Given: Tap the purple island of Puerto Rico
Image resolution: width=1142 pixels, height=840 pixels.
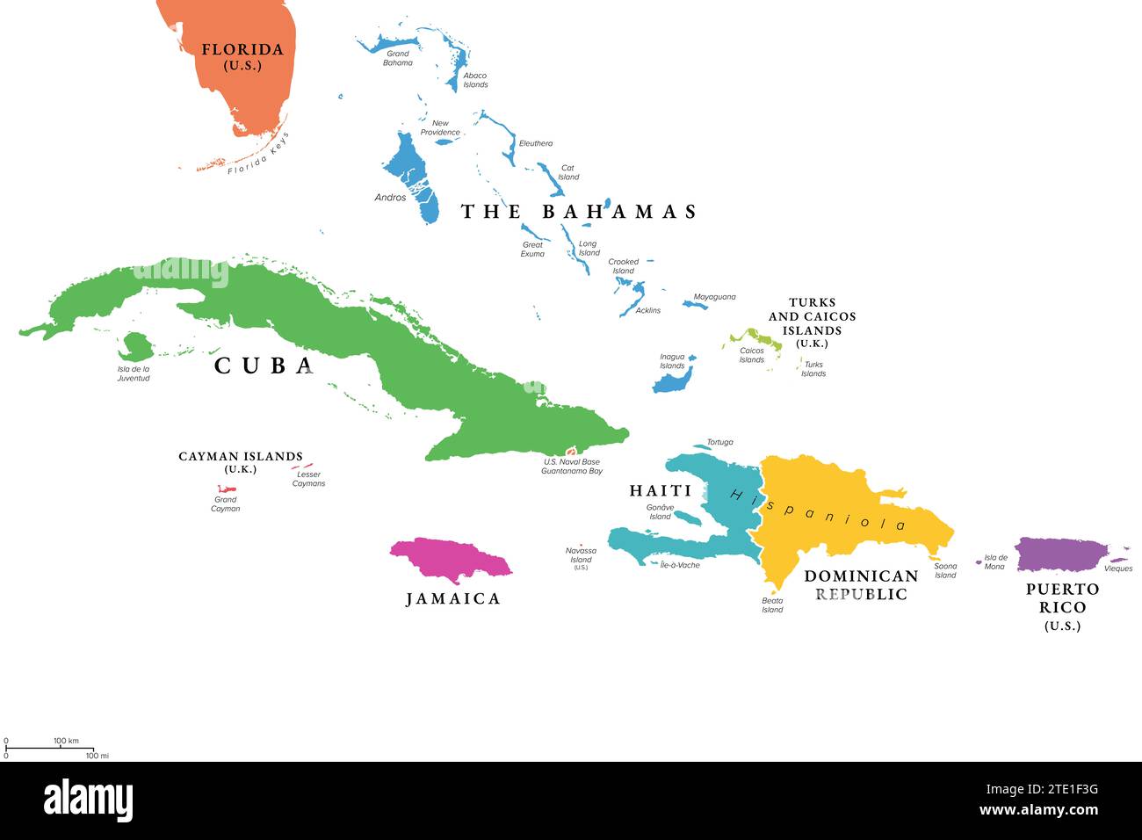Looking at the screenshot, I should point(1059,554).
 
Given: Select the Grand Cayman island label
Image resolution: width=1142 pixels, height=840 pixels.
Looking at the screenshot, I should point(225,504).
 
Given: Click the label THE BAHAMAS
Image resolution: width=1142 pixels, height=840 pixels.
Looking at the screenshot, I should point(579,212).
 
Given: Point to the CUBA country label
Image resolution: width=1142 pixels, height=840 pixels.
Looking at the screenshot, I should point(264,366).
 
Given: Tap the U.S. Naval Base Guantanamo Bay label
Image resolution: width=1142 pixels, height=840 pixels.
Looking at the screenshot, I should point(571,467).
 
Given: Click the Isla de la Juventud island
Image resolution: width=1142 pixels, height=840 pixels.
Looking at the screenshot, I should point(136,346).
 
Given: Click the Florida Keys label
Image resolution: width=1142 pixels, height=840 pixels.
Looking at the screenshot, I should point(257,155).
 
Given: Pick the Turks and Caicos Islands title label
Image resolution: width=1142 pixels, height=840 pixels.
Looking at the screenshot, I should point(812,322).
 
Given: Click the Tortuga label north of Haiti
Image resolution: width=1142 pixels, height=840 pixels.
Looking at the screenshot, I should point(719,442).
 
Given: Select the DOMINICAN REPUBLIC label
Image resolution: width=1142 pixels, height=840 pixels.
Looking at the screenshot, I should point(861,585).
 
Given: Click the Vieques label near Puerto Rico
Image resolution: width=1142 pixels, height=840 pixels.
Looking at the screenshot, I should point(1118,568).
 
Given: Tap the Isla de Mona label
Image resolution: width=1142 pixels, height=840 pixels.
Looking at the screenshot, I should point(995,561).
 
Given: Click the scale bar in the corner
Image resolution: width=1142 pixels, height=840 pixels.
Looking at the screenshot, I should point(49,749).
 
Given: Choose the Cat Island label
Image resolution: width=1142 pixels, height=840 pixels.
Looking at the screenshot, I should point(568,172).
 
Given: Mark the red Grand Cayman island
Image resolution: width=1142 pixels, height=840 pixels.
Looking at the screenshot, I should point(226,489).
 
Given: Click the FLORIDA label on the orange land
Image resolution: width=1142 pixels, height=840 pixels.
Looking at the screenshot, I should point(242,56).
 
